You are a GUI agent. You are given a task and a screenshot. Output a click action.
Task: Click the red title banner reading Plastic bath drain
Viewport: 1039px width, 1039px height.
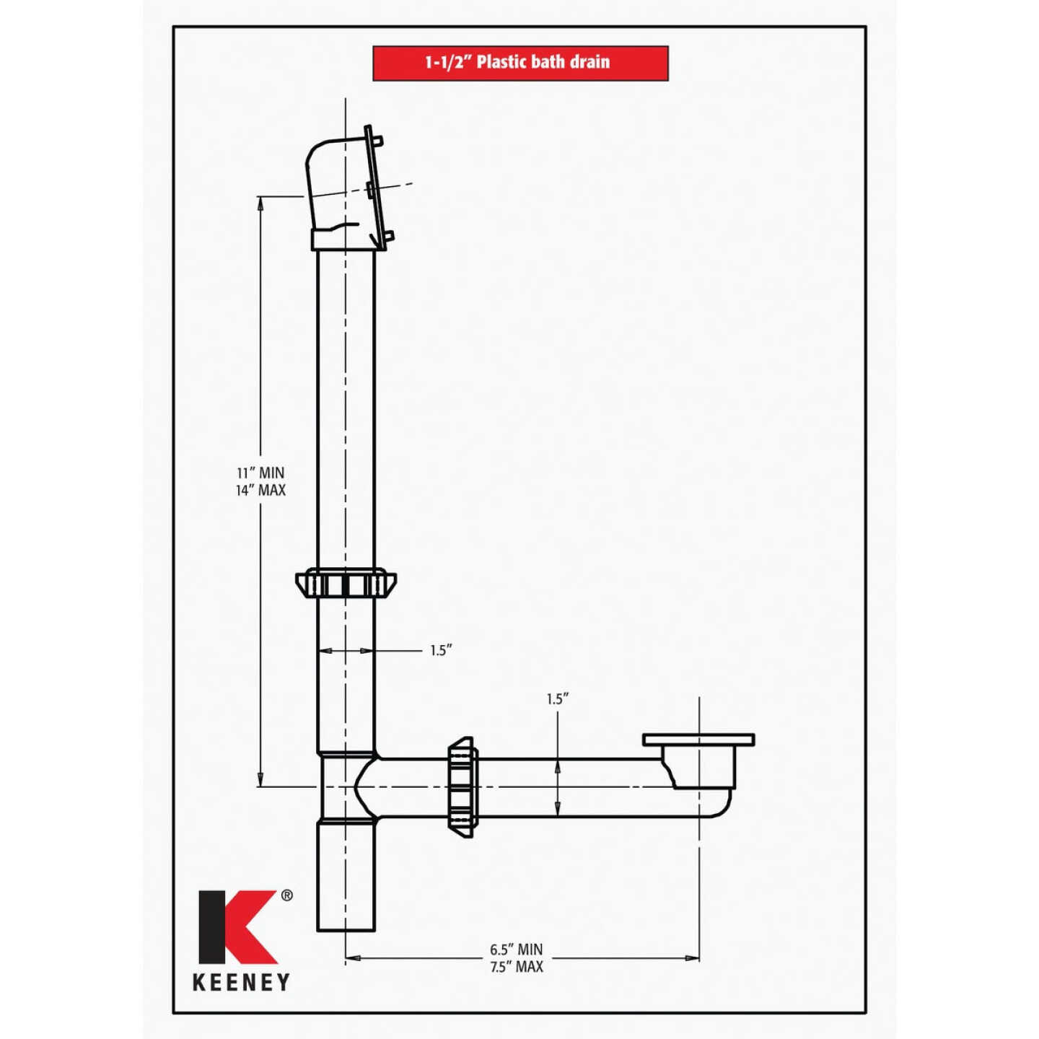[520, 63]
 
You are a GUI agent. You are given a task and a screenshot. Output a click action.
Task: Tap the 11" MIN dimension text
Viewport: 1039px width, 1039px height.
[260, 473]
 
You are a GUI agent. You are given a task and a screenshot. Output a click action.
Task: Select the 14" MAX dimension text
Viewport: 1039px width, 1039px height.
[260, 491]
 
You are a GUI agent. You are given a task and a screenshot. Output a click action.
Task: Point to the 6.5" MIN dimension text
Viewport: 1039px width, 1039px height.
[516, 950]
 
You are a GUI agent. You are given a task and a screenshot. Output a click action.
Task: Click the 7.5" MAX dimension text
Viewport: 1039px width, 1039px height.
[516, 967]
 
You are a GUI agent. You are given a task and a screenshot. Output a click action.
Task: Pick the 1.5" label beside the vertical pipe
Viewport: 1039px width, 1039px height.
[440, 651]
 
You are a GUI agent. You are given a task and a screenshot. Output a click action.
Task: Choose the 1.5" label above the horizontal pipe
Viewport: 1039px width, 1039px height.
[557, 698]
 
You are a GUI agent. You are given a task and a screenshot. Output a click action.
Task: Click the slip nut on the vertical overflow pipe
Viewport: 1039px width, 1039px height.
[346, 582]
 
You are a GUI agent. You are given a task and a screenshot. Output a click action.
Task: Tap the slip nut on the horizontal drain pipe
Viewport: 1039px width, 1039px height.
[462, 787]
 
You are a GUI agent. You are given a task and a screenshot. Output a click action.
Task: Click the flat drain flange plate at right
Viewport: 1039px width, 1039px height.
[698, 740]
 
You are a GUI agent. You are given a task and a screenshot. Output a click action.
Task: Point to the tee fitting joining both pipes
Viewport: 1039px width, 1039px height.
[347, 786]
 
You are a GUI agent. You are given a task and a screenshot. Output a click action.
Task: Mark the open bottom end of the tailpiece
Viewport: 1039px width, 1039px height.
[346, 928]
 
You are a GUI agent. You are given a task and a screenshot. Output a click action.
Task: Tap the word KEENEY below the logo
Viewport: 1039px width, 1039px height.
[241, 982]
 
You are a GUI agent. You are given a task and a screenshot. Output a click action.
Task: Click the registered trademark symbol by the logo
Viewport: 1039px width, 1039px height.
[286, 895]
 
